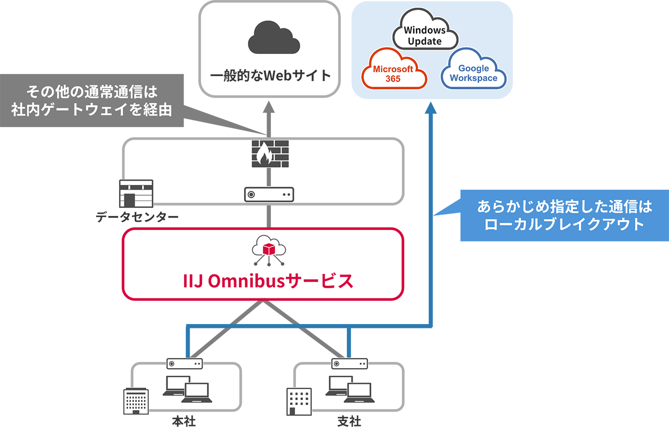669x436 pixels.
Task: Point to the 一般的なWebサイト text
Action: pyautogui.click(x=270, y=76)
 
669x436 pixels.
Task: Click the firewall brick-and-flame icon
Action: pyautogui.click(x=270, y=153)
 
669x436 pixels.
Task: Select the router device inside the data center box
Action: pyautogui.click(x=269, y=195)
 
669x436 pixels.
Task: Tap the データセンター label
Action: pyautogui.click(x=137, y=217)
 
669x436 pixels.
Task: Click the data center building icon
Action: pyautogui.click(x=136, y=194)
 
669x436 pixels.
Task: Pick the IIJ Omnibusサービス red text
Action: pyautogui.click(x=268, y=281)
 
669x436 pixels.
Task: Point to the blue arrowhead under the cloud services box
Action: pyautogui.click(x=431, y=108)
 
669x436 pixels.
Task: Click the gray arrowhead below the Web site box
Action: pyautogui.click(x=269, y=107)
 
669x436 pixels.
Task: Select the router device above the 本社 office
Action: pyautogui.click(x=184, y=364)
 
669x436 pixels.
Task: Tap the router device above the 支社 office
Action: pyautogui.click(x=350, y=364)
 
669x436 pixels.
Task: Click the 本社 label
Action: pyautogui.click(x=184, y=421)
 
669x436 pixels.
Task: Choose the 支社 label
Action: pyautogui.click(x=349, y=421)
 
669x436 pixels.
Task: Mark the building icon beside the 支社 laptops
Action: pyautogui.click(x=299, y=402)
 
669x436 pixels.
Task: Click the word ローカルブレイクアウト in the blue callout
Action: pyautogui.click(x=564, y=224)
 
